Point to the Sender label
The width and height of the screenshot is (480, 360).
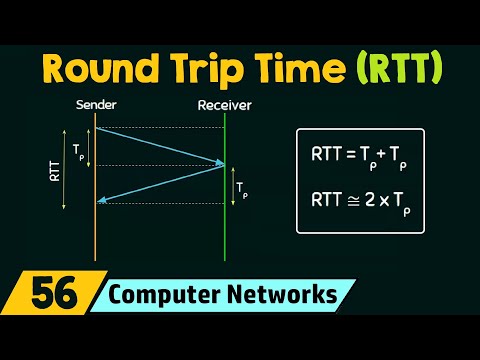point(96,104)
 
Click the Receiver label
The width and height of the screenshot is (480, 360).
point(224,104)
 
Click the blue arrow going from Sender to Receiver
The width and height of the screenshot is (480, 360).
point(160,146)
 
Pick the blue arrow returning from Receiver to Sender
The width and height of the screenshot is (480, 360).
point(160,184)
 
